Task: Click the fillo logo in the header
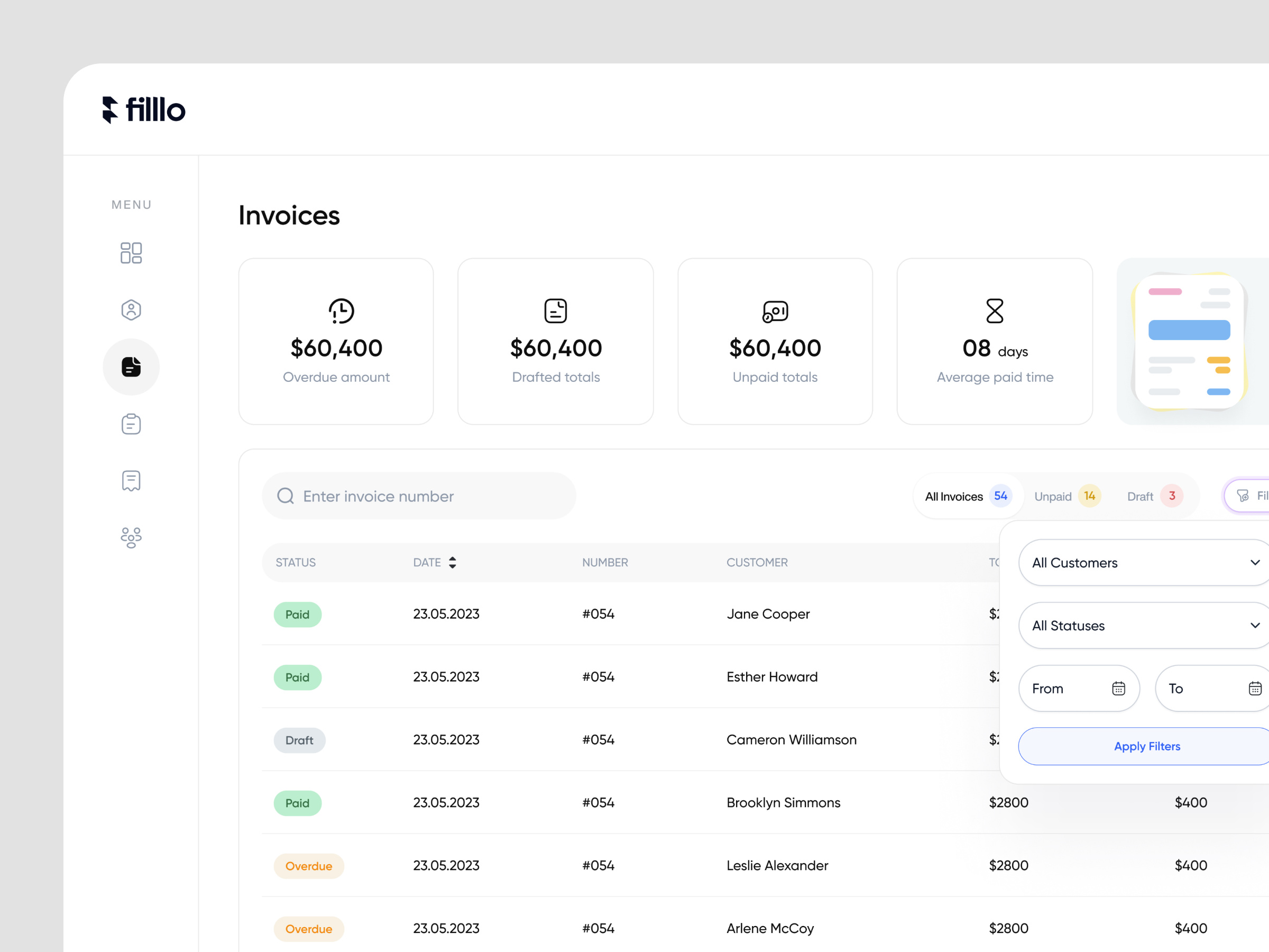click(x=143, y=109)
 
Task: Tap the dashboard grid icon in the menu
click(x=131, y=252)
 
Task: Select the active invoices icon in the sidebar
click(x=131, y=367)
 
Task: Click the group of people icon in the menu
click(x=131, y=538)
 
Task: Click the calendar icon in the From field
click(x=1118, y=688)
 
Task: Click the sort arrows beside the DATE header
click(x=453, y=562)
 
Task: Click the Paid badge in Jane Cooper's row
click(x=297, y=615)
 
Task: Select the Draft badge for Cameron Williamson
click(x=299, y=740)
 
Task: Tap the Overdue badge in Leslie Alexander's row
click(x=309, y=866)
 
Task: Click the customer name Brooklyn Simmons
click(x=783, y=802)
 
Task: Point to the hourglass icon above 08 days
click(x=994, y=311)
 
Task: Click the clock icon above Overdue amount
click(x=342, y=311)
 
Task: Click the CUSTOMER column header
click(x=757, y=562)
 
